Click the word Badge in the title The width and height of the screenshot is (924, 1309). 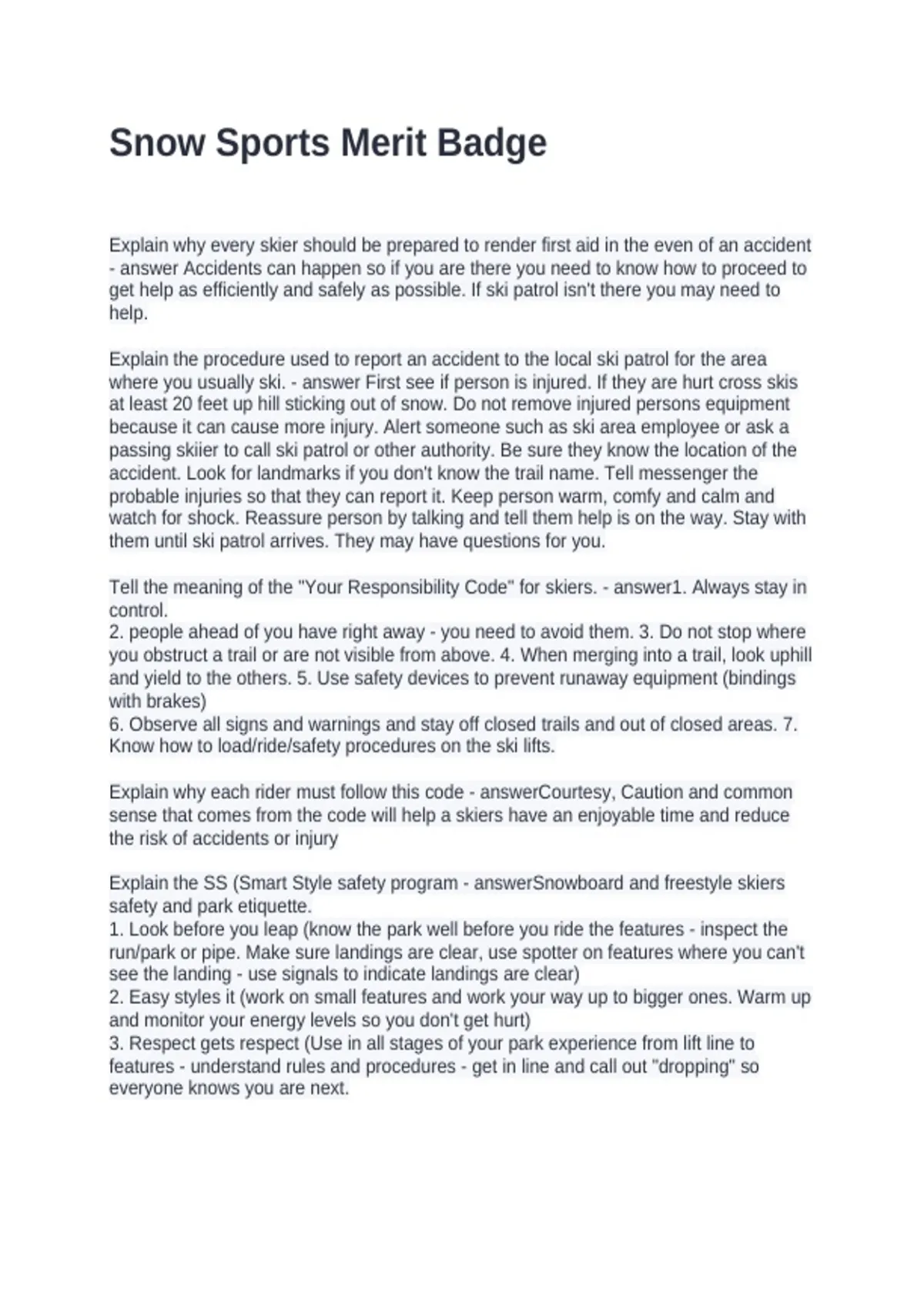click(492, 143)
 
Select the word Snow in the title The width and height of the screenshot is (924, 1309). click(158, 143)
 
